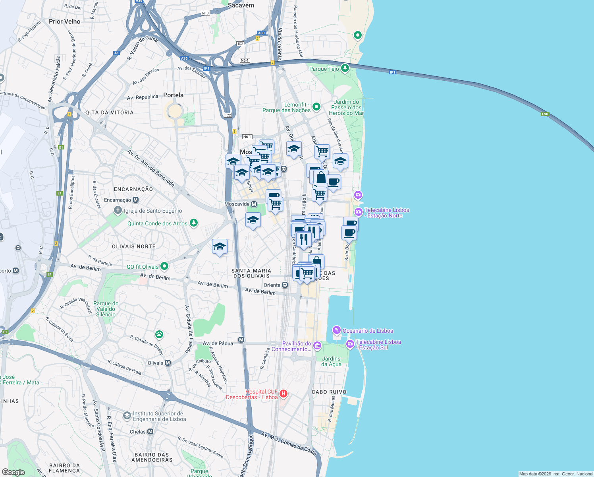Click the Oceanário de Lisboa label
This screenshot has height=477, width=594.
pos(368,331)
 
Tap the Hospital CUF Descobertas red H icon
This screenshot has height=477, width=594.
pos(283,394)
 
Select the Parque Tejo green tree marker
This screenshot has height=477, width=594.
pos(345,68)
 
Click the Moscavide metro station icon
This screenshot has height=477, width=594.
pos(254,204)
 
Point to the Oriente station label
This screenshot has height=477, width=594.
pos(272,285)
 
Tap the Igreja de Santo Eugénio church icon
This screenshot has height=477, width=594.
pos(118,210)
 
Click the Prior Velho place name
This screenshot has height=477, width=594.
pos(64,21)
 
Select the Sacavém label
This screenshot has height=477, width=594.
pos(241,5)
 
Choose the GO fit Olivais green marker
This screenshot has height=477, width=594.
pos(164,266)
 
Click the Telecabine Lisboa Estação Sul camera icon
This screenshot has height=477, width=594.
pos(350,344)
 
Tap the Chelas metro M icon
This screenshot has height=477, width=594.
pos(150,431)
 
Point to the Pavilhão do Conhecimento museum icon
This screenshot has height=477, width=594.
pos(317,346)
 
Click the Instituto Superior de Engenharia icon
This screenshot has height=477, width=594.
pos(127,416)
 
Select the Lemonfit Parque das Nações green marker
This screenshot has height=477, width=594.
pos(316,107)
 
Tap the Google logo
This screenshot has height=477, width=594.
pos(13,472)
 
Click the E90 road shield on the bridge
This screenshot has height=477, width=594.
pos(545,114)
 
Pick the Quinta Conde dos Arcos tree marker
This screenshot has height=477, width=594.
pos(193,223)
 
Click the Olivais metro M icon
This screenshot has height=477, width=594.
pos(168,363)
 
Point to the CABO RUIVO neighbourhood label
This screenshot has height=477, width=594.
pos(329,392)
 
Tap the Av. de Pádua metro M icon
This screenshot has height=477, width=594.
pos(241,339)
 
